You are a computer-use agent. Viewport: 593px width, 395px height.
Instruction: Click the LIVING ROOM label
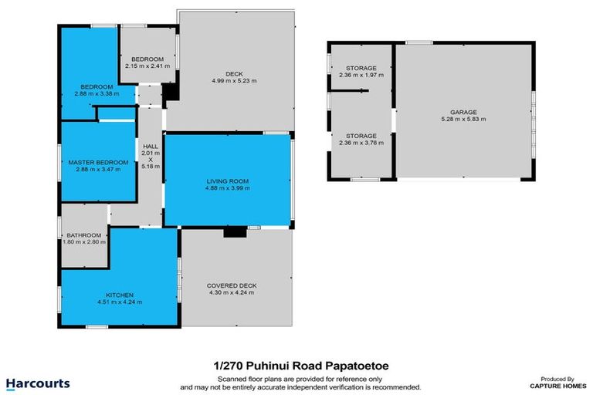[227, 181]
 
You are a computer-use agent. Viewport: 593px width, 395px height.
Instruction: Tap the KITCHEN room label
[120, 295]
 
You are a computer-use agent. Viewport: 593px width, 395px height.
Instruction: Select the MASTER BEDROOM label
[93, 162]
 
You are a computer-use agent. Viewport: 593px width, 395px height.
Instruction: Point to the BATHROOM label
[83, 235]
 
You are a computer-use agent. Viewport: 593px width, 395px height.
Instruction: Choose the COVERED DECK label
[232, 285]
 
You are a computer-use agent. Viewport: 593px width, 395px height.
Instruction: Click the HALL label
[151, 146]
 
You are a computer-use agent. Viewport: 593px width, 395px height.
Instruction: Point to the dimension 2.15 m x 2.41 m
[147, 66]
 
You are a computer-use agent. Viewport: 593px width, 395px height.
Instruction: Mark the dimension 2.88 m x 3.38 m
[98, 93]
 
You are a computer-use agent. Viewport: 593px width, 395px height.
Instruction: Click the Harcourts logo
[38, 383]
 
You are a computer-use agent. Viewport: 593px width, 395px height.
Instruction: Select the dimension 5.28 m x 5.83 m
[463, 120]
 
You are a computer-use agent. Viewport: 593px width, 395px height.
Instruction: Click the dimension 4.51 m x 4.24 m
[120, 302]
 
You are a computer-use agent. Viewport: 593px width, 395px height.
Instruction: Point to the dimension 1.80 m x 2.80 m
[83, 242]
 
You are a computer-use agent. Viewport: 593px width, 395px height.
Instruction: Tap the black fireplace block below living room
[232, 232]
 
